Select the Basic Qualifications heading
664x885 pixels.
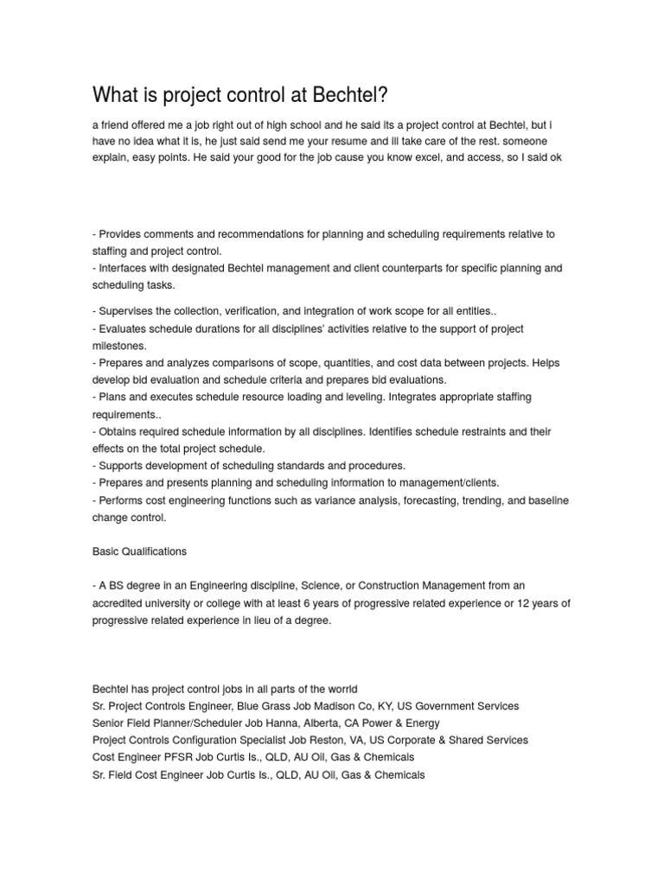tap(139, 551)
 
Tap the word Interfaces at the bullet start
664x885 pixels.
tap(125, 269)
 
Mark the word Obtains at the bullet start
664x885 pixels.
tap(119, 431)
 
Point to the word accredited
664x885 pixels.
tap(119, 603)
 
